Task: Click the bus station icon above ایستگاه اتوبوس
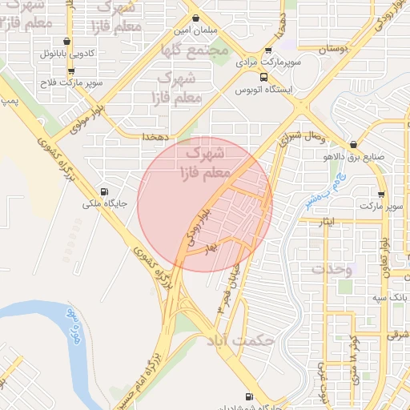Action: [x=263, y=78]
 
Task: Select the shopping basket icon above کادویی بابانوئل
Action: [x=66, y=42]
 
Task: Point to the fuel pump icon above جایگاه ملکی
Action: [x=102, y=191]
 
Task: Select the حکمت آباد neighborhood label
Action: [x=240, y=341]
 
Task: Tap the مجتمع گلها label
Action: [x=195, y=52]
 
